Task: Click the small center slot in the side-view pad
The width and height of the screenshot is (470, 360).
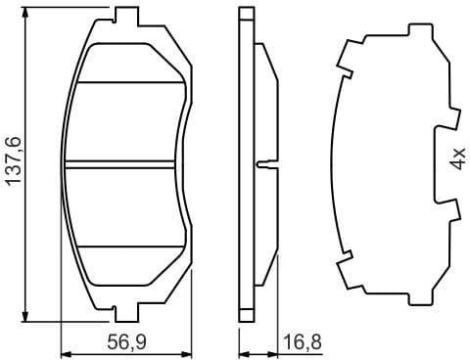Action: click(x=259, y=163)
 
